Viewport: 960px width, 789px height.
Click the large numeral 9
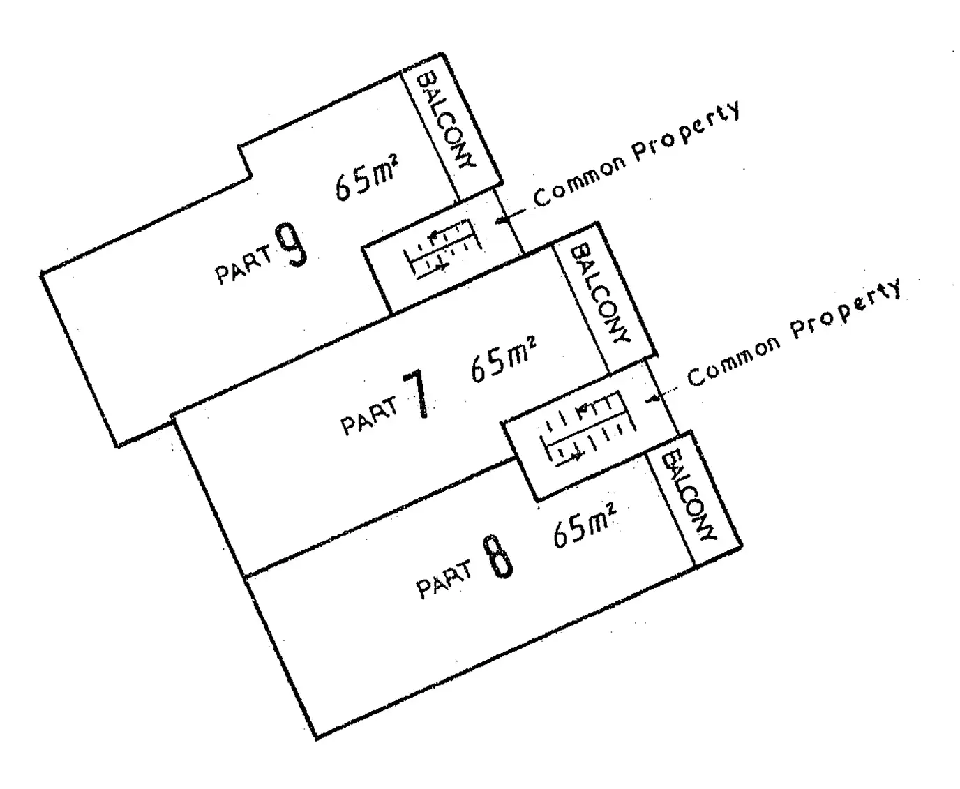click(291, 246)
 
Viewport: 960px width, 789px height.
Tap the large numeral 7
click(417, 394)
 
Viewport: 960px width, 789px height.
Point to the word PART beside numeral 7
click(368, 416)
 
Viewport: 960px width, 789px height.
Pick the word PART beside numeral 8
click(444, 580)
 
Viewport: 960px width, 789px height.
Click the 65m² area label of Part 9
click(366, 178)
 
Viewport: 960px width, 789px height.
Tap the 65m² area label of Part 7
click(503, 359)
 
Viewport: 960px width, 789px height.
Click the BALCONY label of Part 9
click(446, 120)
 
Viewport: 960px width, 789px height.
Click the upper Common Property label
click(636, 153)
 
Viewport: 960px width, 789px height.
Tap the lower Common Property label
click(794, 332)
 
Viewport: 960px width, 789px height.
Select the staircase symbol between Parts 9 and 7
click(442, 248)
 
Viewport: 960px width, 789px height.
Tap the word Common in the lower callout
click(733, 362)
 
